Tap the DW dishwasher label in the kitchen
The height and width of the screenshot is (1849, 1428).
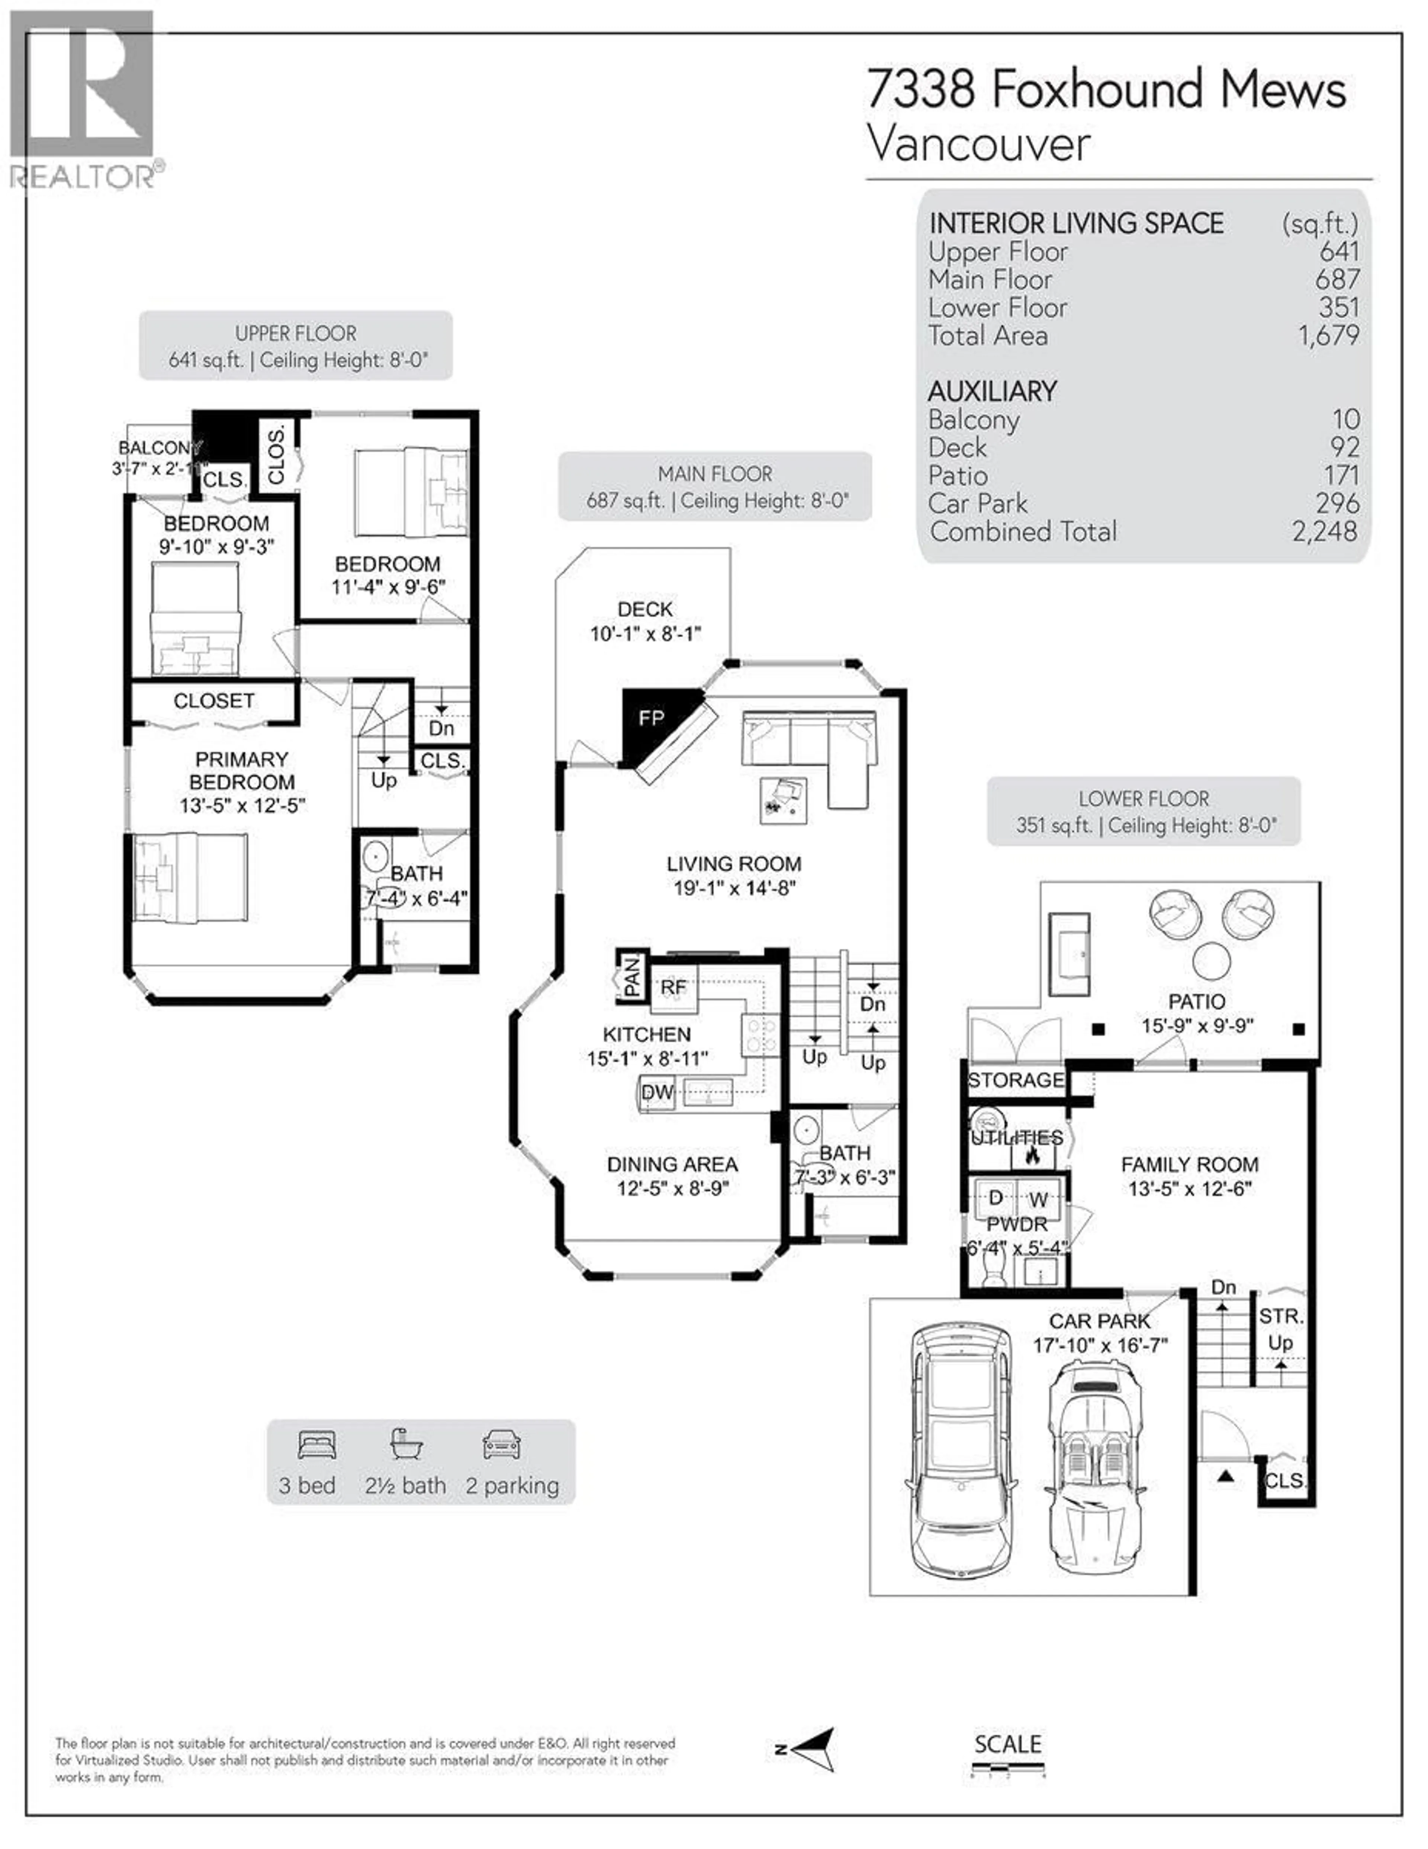tap(657, 1092)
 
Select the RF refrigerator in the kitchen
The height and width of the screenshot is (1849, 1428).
tap(674, 987)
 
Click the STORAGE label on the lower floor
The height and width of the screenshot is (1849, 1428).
tap(1016, 1080)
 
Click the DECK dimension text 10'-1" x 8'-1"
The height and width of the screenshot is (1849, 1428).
tap(645, 633)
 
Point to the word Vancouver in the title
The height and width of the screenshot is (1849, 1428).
tap(978, 144)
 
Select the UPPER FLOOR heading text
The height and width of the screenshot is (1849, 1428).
tap(295, 334)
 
